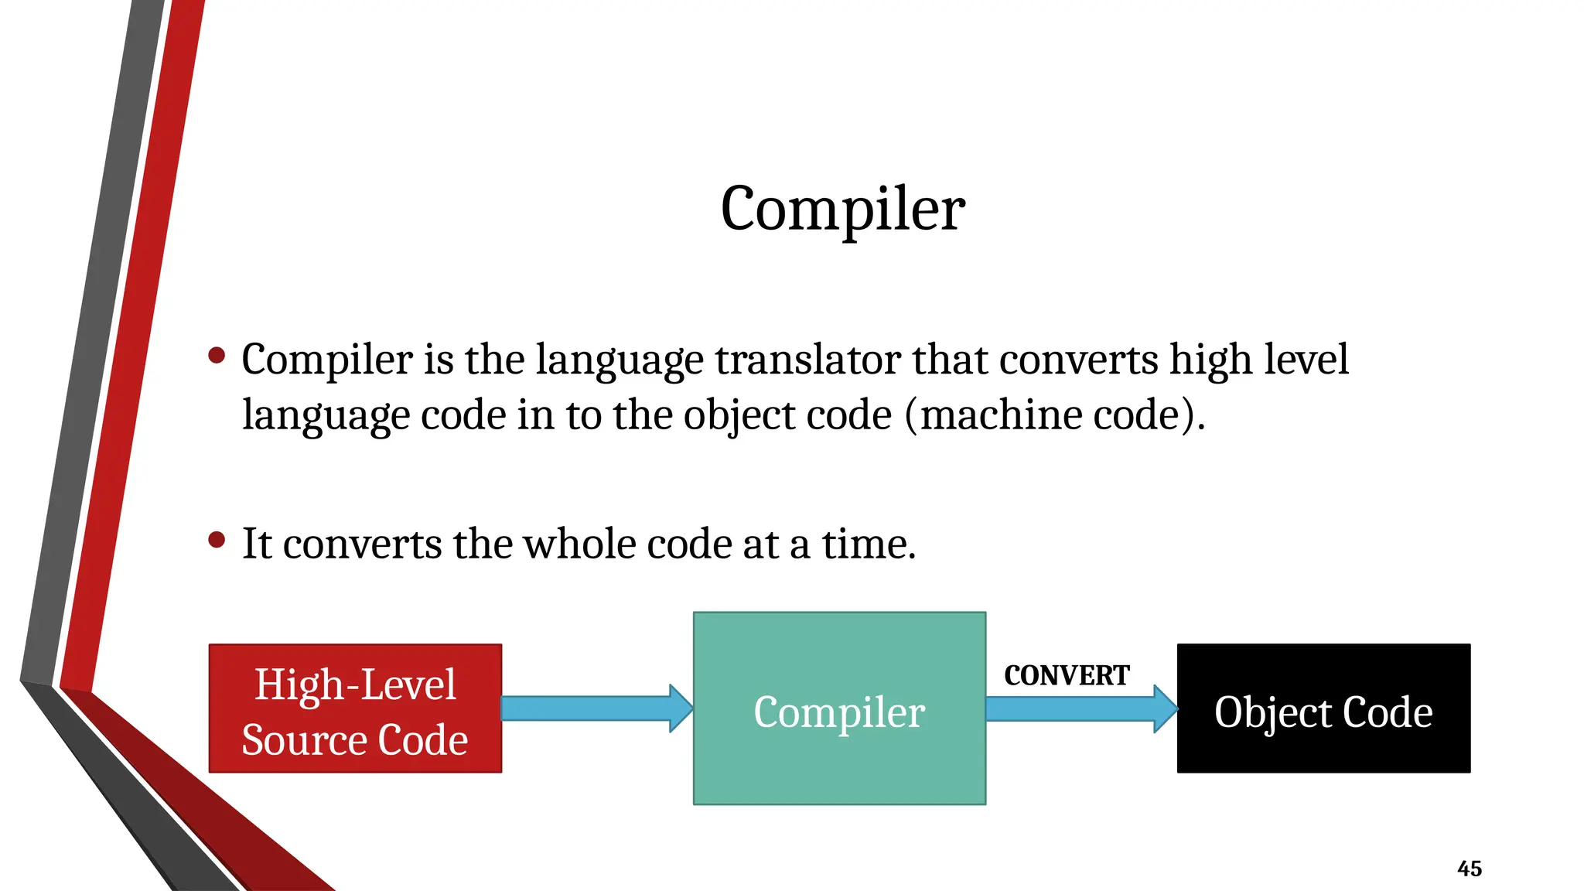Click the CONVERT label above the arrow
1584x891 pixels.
(x=1067, y=675)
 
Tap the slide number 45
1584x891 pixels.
(x=1469, y=869)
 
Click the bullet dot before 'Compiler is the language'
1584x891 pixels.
(x=217, y=356)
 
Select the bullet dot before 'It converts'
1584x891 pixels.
(x=217, y=540)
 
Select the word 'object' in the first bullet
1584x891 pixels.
(x=739, y=415)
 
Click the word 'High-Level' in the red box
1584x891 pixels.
(x=355, y=684)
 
